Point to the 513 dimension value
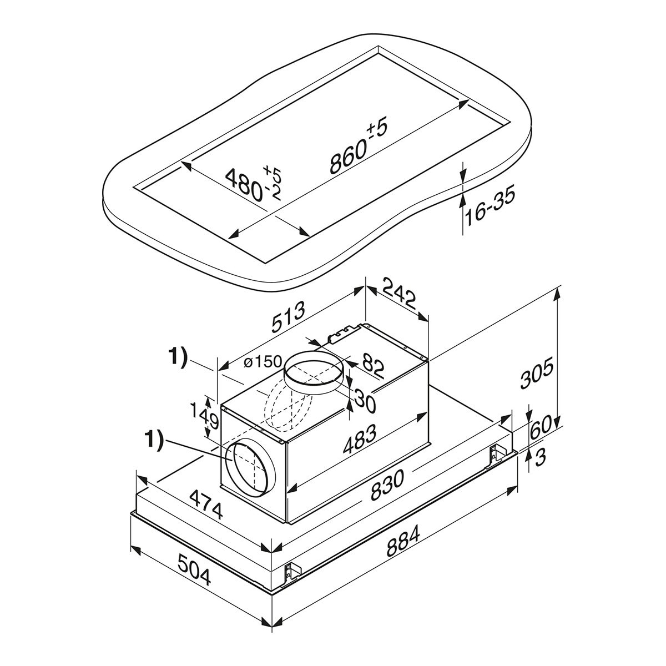(289, 316)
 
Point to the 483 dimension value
(360, 439)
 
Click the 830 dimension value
(387, 485)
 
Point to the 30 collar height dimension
(365, 401)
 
